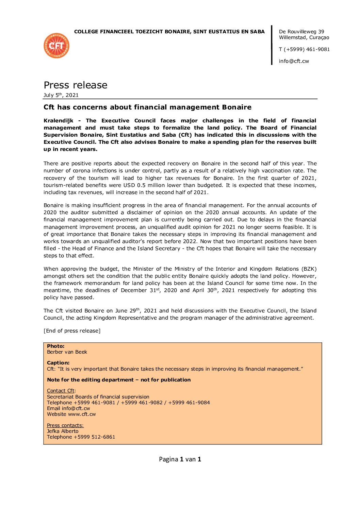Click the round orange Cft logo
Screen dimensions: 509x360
(56, 46)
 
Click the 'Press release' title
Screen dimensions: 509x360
(76, 85)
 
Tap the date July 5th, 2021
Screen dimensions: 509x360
(61, 95)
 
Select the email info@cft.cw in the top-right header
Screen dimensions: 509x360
(294, 61)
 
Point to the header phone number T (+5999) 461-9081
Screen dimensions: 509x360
(304, 49)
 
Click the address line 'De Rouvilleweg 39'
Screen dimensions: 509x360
(301, 32)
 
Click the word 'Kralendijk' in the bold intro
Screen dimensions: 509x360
(58, 121)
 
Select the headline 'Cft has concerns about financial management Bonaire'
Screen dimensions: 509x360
(147, 107)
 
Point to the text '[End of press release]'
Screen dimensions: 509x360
(72, 331)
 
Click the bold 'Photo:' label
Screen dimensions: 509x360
(55, 346)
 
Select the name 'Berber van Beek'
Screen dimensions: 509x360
(67, 352)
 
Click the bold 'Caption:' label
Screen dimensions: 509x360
(58, 363)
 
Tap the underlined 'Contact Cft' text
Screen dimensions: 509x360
(61, 391)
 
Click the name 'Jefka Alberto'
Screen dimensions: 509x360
(63, 431)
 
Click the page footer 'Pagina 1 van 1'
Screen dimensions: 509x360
(180, 459)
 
